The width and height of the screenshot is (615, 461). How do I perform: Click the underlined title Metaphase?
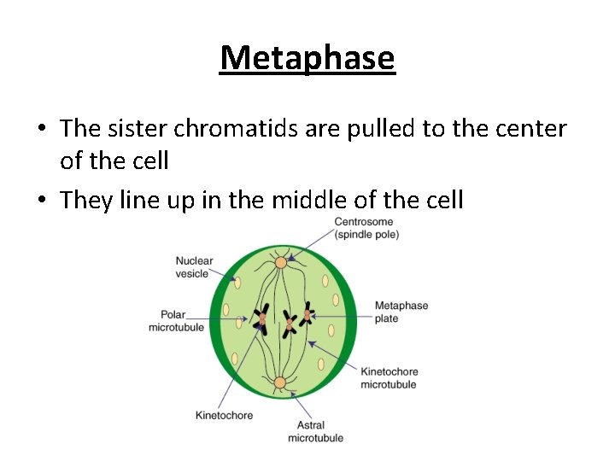pos(307,58)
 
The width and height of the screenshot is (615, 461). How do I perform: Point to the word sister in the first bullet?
pos(138,128)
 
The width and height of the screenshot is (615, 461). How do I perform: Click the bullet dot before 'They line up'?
pos(41,201)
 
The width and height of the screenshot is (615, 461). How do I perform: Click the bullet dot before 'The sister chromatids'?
pos(41,129)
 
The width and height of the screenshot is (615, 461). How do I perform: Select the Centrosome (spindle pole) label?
pos(366,228)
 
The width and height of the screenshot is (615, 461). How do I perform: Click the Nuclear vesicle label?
pos(194,267)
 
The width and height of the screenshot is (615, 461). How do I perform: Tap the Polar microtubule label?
pos(176,321)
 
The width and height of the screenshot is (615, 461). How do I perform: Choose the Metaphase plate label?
pos(401,312)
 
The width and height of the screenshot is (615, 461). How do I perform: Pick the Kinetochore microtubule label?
pos(389,378)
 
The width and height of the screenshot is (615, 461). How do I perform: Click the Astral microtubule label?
pos(315,431)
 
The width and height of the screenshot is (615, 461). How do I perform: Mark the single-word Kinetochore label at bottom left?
pos(224,416)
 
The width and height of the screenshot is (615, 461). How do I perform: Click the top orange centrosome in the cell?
pos(280,262)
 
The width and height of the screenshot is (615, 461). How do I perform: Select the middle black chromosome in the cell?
pos(290,323)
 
